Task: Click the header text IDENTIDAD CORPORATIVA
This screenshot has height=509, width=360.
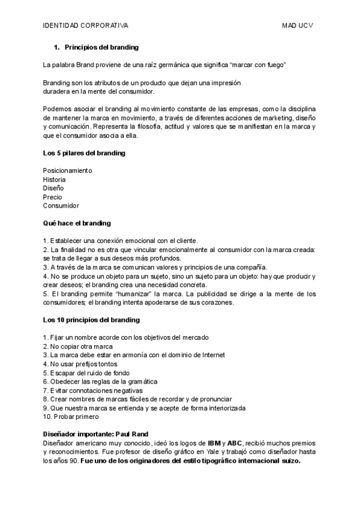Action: click(85, 26)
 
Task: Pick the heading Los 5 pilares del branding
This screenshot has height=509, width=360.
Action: click(84, 153)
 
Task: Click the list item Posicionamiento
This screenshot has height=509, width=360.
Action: click(67, 170)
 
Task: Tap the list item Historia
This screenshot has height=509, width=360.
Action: click(55, 179)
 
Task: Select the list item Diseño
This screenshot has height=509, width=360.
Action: click(53, 188)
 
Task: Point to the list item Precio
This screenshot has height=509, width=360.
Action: click(53, 197)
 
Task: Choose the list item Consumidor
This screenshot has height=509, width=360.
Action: click(61, 205)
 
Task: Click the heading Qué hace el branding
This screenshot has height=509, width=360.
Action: click(77, 223)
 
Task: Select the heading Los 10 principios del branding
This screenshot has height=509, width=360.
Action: click(91, 320)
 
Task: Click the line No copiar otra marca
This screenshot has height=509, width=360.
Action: click(81, 346)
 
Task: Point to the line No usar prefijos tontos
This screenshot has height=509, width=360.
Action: click(84, 364)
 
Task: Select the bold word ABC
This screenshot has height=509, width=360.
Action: click(234, 443)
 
